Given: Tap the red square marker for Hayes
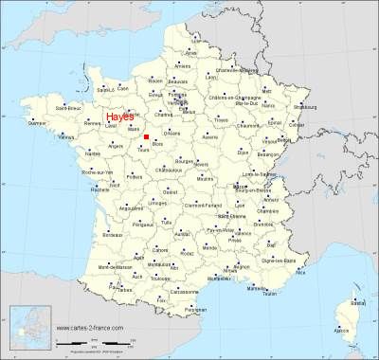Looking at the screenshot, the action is [x=146, y=136].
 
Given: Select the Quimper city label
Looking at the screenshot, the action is [x=38, y=124].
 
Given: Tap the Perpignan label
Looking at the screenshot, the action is [x=194, y=309].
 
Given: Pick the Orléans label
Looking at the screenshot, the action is [x=171, y=135].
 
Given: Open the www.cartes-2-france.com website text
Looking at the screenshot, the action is [x=91, y=328].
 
